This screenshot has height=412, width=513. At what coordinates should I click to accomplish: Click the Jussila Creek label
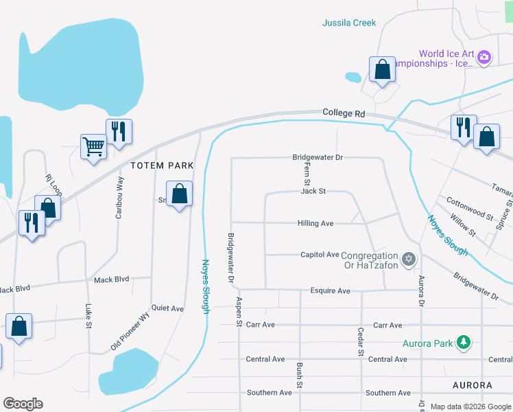click(x=349, y=23)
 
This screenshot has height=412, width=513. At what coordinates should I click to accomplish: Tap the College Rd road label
click(x=344, y=112)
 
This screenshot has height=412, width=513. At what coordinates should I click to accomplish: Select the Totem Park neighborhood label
click(x=163, y=165)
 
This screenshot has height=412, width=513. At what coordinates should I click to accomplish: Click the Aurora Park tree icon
click(x=464, y=341)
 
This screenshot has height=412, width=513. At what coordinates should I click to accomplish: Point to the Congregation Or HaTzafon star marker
click(x=409, y=259)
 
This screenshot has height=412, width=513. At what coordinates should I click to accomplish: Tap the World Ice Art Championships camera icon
click(x=484, y=57)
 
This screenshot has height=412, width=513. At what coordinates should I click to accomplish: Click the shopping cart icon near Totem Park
click(x=93, y=146)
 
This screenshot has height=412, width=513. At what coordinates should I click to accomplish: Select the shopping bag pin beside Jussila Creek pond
click(x=382, y=69)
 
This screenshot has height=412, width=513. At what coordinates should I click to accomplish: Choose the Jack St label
click(x=313, y=191)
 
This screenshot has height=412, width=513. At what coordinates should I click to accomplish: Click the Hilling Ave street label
click(x=315, y=223)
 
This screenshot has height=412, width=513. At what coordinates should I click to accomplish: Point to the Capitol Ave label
click(x=320, y=254)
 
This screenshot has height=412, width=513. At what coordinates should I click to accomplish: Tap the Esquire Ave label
click(x=330, y=290)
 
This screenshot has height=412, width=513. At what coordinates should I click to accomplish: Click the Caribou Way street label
click(x=121, y=197)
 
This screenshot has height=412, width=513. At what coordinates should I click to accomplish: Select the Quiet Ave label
click(x=167, y=308)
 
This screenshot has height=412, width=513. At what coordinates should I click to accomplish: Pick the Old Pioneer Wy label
click(x=130, y=332)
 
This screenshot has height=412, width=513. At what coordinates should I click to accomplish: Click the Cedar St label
click(x=360, y=341)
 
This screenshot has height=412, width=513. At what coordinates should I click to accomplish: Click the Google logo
click(x=23, y=403)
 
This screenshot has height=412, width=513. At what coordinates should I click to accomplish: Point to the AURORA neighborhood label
click(x=473, y=385)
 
